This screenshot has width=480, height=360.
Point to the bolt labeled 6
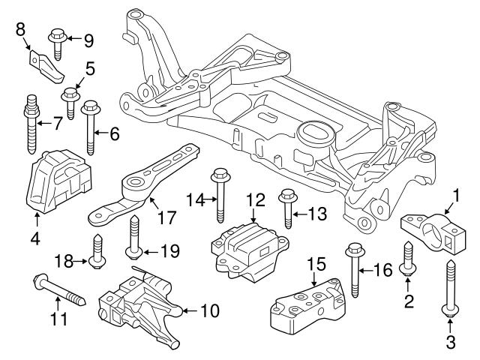[x=91, y=124]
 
